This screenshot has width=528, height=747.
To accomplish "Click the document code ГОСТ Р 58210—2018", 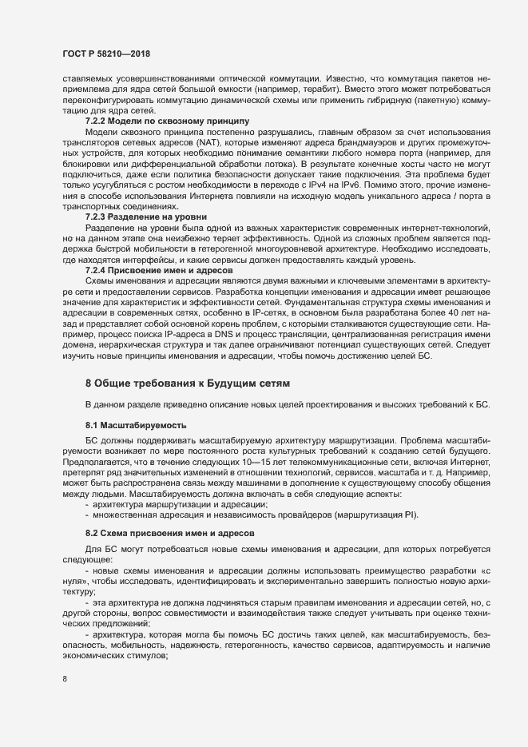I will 106,54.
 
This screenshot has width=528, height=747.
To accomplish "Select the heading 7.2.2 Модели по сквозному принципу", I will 157,121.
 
